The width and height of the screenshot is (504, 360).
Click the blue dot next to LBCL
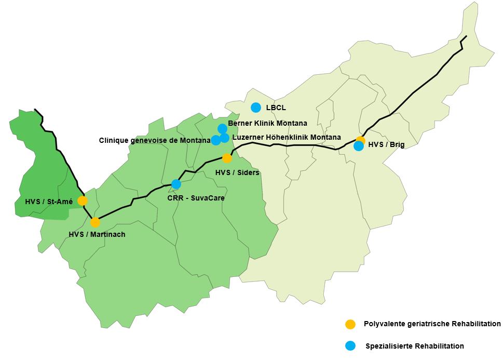(255, 108)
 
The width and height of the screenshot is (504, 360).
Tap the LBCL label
(276, 108)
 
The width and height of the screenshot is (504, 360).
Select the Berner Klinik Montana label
(267, 123)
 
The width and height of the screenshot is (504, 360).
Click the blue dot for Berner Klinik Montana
(222, 128)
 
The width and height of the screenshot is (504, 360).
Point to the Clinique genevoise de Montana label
(155, 140)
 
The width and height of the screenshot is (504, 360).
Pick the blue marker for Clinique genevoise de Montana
(215, 140)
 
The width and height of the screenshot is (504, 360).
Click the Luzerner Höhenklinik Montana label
(287, 137)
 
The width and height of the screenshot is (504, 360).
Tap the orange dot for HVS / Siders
(227, 158)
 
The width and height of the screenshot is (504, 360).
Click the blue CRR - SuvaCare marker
(176, 184)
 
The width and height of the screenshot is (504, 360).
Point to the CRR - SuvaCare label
(193, 198)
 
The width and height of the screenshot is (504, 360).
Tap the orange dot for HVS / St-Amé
(82, 201)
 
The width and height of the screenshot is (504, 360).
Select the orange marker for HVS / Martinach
(95, 222)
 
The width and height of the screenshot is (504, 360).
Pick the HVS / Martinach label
(97, 234)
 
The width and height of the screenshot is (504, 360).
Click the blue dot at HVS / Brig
(359, 146)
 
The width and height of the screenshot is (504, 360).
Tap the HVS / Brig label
(386, 145)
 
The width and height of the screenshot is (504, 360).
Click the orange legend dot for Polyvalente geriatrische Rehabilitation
(351, 324)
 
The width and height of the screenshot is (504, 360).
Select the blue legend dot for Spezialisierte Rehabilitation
(351, 346)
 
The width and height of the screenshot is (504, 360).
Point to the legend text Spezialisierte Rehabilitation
(415, 346)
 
